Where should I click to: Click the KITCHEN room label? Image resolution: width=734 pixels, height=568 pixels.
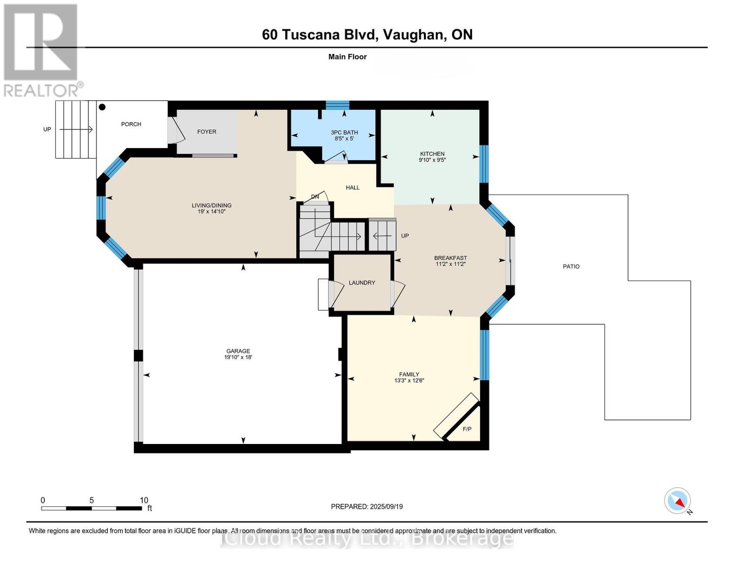432,154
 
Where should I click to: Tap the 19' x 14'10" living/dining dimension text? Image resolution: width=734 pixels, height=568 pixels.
211,212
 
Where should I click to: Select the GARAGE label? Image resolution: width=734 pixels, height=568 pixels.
238,351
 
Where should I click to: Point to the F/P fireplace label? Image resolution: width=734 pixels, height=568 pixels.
467,429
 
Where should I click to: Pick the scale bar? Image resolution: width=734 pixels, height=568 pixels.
91,508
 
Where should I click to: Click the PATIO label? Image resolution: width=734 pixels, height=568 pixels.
571,266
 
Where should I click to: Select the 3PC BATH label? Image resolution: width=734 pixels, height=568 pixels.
344,133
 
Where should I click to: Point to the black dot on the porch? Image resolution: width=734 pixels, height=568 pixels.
102,107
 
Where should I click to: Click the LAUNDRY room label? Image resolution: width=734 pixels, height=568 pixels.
362,283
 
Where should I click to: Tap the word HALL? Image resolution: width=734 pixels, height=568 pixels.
353,188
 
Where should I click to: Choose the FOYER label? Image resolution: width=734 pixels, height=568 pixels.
207,132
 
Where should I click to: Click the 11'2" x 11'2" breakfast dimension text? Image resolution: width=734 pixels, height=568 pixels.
450,264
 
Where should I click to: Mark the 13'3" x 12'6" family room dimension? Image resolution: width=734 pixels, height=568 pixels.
409,380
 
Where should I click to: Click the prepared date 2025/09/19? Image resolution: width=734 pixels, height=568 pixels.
386,506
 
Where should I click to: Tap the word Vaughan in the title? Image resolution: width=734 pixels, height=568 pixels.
413,35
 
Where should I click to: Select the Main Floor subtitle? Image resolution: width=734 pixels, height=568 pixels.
347,57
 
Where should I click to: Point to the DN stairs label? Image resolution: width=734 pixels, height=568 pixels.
315,196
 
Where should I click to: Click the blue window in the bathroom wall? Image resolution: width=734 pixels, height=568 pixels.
337,105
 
